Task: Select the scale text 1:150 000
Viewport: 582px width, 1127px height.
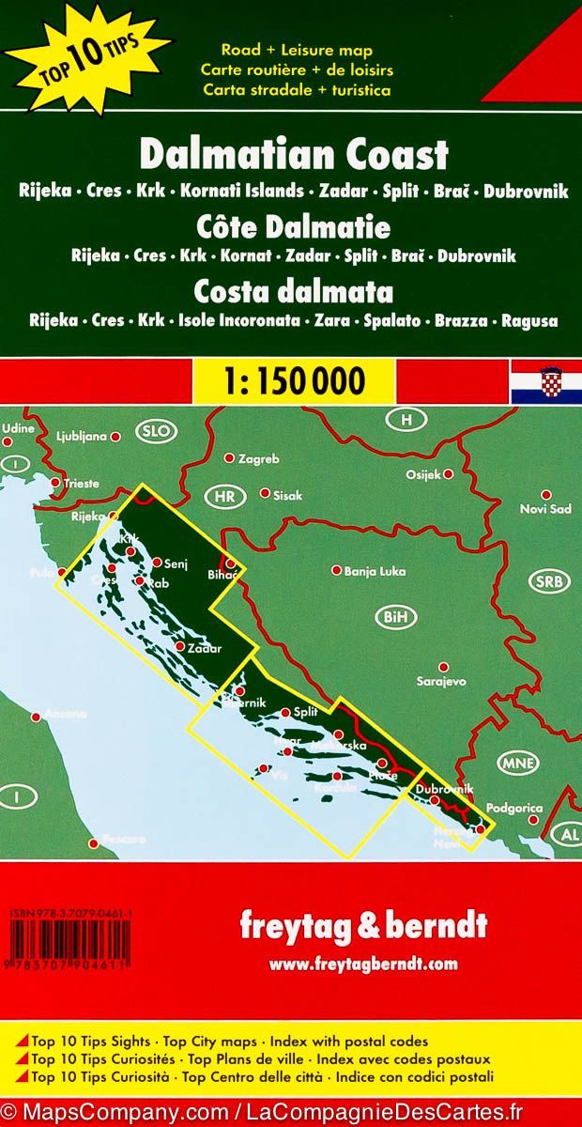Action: click(291, 380)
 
